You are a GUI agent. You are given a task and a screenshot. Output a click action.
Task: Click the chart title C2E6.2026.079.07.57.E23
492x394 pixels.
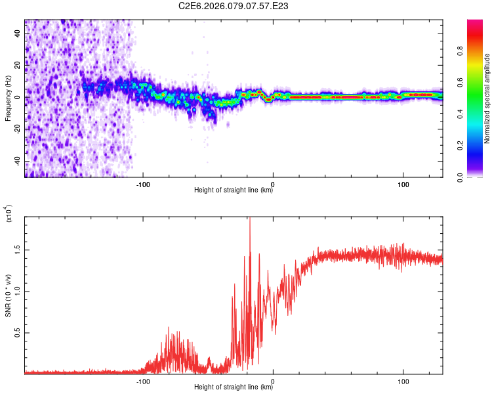[x=234, y=6]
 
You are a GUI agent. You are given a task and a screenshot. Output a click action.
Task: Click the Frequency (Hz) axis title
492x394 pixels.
[x=8, y=98]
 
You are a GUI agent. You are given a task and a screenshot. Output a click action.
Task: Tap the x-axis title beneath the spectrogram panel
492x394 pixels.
[x=234, y=191]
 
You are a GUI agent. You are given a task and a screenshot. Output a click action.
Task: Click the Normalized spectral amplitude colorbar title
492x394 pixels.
[x=487, y=98]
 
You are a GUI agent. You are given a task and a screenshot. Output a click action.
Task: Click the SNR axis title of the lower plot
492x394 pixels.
[x=8, y=295]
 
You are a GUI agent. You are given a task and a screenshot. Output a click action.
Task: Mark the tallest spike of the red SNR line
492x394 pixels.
[x=249, y=219]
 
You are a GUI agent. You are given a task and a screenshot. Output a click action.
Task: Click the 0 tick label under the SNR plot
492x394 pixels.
[x=273, y=381]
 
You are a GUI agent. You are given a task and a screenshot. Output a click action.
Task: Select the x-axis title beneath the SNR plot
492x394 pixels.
[x=234, y=388]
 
